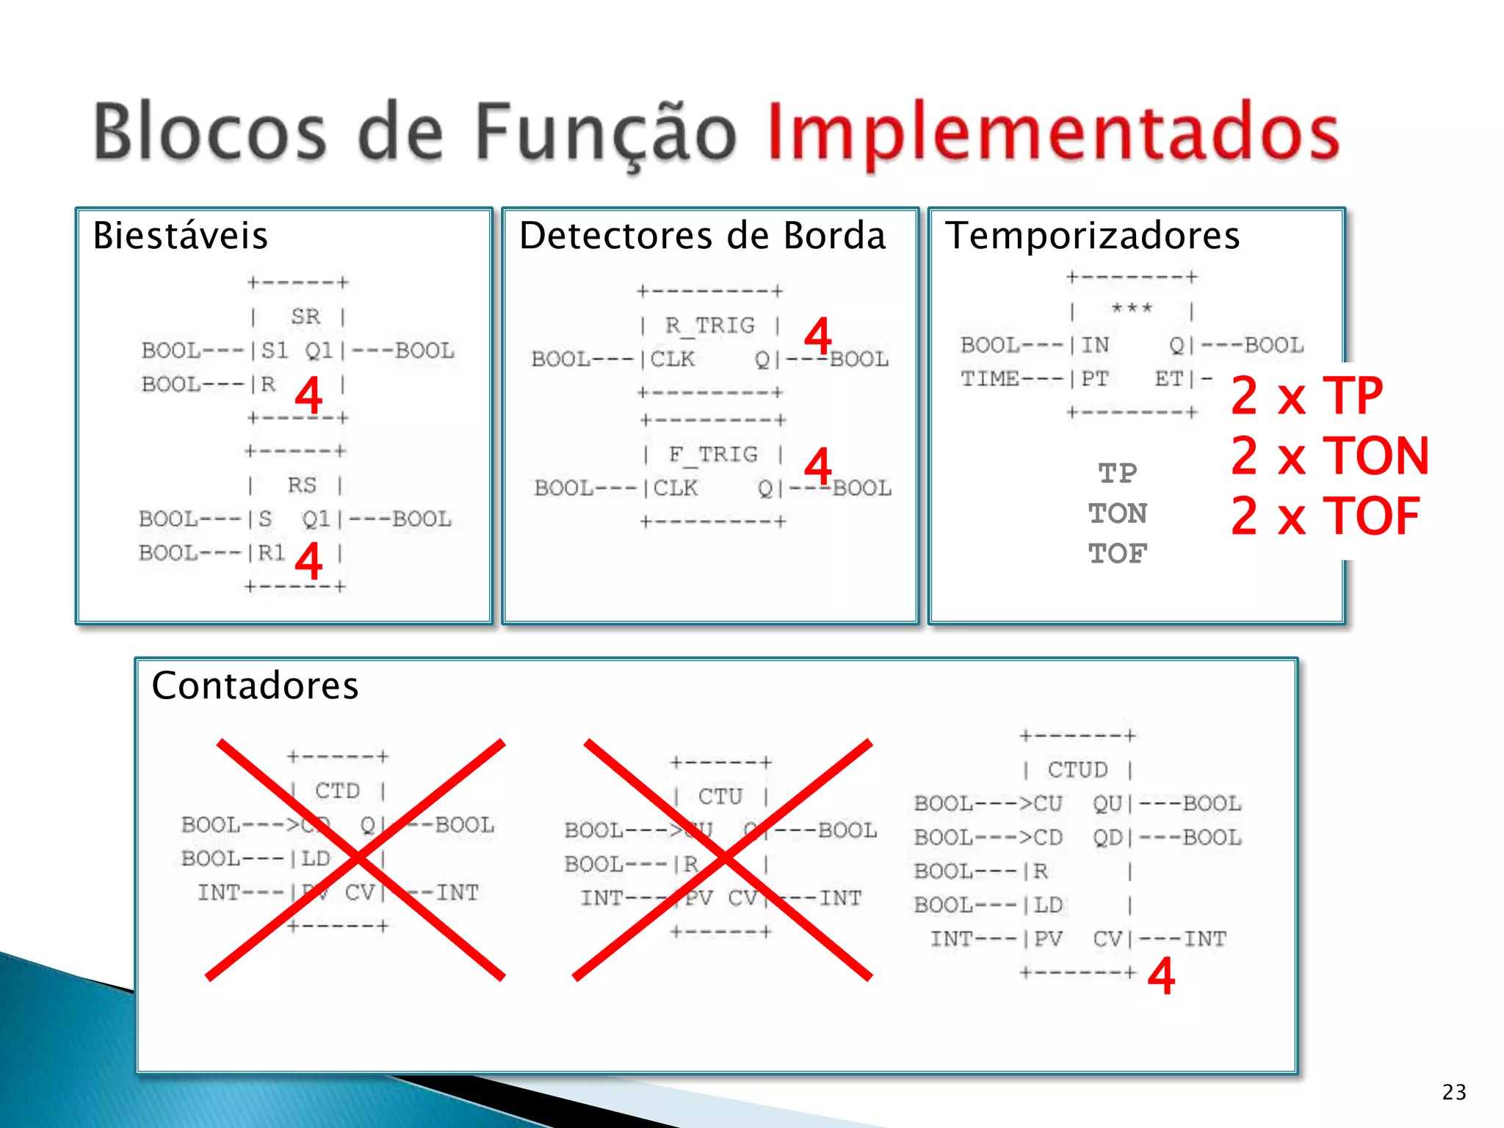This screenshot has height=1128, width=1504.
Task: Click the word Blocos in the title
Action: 210,132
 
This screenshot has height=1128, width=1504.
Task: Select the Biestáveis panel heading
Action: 181,236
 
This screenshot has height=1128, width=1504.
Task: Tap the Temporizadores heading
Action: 1092,236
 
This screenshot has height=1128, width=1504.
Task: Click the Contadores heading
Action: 255,686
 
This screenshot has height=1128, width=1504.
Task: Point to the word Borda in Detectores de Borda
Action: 834,236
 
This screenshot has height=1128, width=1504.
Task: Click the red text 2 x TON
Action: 1329,456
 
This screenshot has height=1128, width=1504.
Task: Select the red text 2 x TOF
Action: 1325,516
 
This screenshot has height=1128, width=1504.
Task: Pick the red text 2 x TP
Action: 1306,396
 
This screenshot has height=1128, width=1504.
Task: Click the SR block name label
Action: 305,317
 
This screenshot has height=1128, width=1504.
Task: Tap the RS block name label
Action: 302,485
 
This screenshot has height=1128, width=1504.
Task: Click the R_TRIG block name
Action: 709,325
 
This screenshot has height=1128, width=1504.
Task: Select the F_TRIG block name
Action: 712,455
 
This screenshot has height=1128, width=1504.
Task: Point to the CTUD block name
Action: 1077,770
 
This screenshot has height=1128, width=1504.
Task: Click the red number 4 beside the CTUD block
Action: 1161,976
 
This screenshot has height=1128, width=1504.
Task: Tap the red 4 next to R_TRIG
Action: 817,336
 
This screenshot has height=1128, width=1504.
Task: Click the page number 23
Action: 1454,1092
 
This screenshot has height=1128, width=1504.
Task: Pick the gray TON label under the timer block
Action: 1117,513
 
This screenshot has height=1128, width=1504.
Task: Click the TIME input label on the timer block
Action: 989,379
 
